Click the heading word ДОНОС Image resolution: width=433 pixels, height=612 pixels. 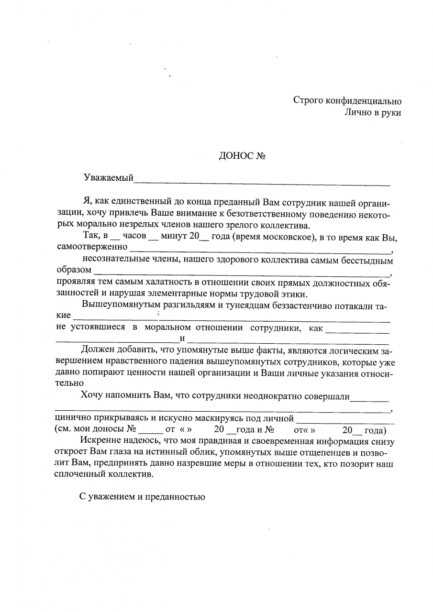[x=233, y=156]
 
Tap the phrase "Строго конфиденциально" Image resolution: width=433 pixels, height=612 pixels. [x=347, y=101]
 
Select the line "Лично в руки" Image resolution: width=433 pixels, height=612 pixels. [x=372, y=113]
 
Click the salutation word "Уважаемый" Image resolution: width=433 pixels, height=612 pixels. [x=108, y=178]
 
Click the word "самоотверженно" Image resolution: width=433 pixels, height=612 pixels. [x=92, y=248]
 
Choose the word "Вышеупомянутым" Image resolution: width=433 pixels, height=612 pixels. [x=116, y=305]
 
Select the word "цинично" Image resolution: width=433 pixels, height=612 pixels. [x=72, y=419]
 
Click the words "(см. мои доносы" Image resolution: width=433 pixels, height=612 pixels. [x=89, y=429]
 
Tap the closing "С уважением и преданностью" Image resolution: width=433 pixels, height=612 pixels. [x=142, y=497]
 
